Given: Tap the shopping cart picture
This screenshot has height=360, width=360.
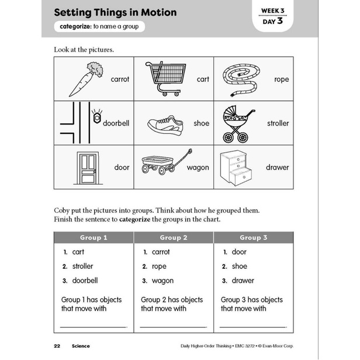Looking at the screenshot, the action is [x=166, y=78].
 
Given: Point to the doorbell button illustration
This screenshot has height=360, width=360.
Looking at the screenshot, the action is [x=97, y=117].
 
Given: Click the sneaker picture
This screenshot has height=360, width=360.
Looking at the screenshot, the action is [x=165, y=125].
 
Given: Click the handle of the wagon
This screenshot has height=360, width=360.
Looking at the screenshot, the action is [x=182, y=158].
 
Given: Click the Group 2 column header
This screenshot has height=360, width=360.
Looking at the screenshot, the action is [x=174, y=237].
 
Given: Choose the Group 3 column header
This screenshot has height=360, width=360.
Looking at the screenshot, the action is [x=254, y=237].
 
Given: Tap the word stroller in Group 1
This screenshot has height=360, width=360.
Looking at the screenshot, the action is [x=82, y=266].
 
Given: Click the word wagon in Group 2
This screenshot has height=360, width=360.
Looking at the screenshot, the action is [x=162, y=281].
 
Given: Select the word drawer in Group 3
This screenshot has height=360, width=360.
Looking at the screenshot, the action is [x=243, y=281].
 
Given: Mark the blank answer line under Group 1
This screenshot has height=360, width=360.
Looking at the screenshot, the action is [x=93, y=327].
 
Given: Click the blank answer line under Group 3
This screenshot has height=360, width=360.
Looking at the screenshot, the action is [x=252, y=327].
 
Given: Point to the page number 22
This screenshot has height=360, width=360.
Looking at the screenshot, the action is [x=57, y=346].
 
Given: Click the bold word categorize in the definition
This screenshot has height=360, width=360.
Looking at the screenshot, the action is [x=75, y=26].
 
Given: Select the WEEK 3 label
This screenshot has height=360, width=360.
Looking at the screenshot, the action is [x=273, y=11].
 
